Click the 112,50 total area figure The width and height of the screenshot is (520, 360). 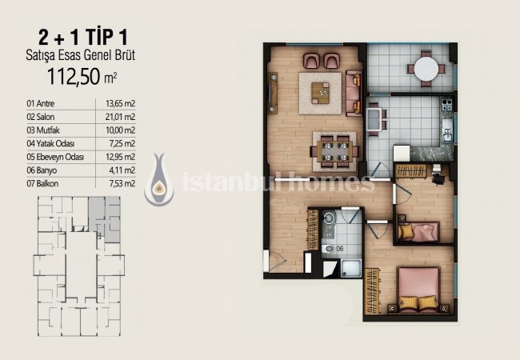(74, 77)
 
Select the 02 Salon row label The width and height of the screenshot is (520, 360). (41, 117)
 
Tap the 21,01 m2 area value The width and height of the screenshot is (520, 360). (120, 117)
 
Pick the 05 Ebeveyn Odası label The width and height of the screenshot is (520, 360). (55, 157)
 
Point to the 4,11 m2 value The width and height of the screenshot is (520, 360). (122, 170)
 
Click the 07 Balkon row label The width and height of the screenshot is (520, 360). (42, 183)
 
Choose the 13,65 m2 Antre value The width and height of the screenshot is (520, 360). (120, 103)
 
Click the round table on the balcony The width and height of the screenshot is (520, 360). (426, 69)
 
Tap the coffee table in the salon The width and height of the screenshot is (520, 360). (320, 93)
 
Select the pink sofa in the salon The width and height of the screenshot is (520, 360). (354, 93)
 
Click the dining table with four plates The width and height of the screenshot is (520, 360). (334, 151)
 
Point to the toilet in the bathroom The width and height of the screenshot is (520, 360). (328, 249)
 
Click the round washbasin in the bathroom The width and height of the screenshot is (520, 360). (329, 218)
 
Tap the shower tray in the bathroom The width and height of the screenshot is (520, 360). (351, 268)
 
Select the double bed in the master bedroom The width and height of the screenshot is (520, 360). (418, 290)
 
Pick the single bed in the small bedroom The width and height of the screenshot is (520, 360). (418, 232)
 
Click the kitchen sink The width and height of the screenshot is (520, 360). (447, 130)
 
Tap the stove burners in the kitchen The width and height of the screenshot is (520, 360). (446, 104)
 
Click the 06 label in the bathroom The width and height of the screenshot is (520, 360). (340, 249)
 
